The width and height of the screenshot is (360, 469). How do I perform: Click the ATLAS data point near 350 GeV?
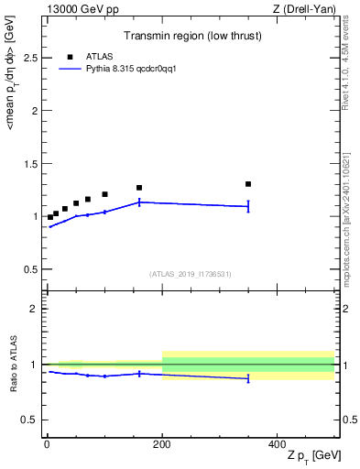pos(248,184)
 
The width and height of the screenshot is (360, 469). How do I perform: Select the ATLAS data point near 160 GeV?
pos(139,188)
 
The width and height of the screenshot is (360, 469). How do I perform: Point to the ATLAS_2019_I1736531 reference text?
pos(191,273)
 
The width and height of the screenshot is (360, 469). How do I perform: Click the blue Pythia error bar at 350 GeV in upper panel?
pos(248,206)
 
